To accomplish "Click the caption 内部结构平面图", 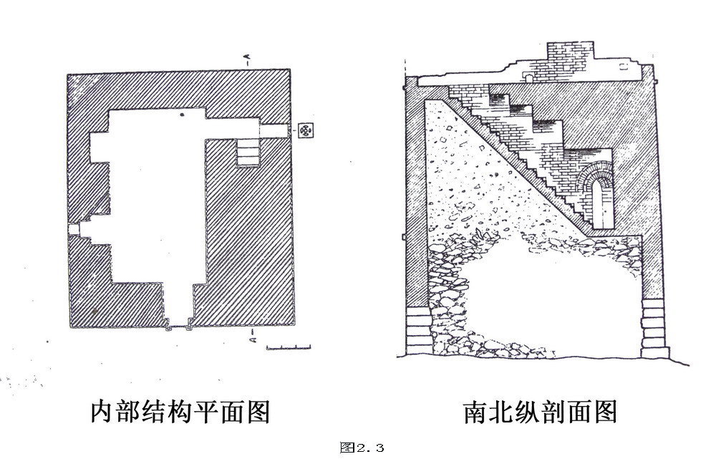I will (180, 411).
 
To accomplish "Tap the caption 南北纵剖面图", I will (541, 411).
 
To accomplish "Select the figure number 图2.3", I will (362, 448).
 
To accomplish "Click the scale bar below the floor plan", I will (289, 348).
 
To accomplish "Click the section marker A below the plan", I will (251, 337).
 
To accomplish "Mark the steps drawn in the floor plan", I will (247, 151).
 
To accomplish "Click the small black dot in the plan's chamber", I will (182, 115).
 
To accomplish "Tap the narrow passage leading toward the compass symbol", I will (274, 130).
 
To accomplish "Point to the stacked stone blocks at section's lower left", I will (419, 329).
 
